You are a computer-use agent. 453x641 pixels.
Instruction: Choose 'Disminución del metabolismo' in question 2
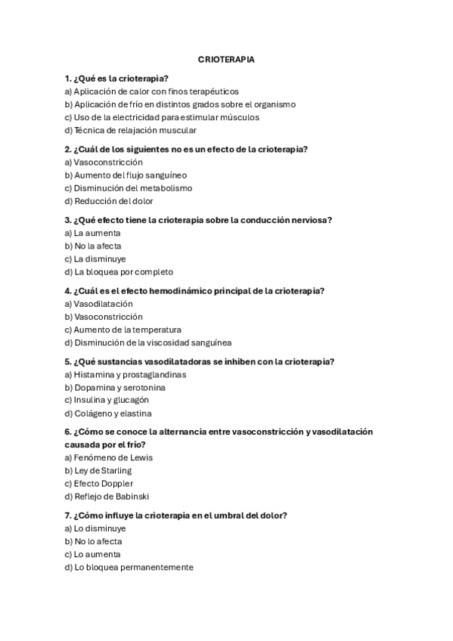(x=129, y=188)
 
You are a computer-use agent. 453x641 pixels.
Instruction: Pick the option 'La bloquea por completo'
(x=119, y=271)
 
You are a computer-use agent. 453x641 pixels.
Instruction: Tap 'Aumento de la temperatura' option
(x=123, y=330)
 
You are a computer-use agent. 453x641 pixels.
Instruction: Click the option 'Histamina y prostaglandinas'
(x=126, y=375)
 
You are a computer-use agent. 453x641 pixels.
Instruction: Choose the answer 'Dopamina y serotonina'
(x=115, y=388)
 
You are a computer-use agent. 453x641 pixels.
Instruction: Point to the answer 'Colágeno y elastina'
(x=108, y=413)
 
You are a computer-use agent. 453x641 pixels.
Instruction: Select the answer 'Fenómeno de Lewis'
(x=109, y=458)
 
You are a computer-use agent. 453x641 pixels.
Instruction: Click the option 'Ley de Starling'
(x=98, y=471)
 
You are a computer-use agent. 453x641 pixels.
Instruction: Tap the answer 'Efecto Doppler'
(x=99, y=484)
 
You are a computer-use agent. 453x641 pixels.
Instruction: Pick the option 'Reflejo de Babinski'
(x=107, y=497)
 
